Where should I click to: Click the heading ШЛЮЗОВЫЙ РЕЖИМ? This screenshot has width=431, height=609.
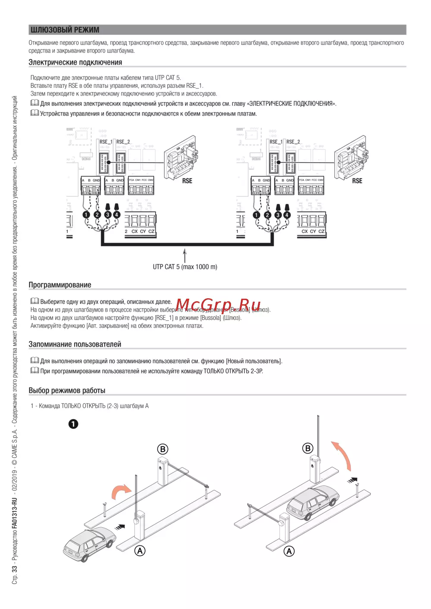[x=65, y=30]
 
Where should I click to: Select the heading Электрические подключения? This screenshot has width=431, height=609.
[x=75, y=62]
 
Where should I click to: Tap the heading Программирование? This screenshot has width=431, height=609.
[x=60, y=285]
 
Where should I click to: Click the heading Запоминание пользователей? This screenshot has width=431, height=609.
[x=75, y=344]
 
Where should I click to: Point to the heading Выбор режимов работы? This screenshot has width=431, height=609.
[x=67, y=390]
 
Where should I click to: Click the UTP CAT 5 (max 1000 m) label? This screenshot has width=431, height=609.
[x=185, y=267]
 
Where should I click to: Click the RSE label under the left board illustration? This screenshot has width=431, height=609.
[x=187, y=181]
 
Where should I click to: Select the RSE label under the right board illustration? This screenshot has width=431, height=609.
[x=357, y=181]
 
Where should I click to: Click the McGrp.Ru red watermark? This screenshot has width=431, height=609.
[x=218, y=305]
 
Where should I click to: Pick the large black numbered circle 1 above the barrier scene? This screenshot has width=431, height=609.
[x=73, y=424]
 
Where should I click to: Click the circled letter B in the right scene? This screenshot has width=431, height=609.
[x=308, y=448]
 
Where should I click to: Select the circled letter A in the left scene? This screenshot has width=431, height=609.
[x=140, y=550]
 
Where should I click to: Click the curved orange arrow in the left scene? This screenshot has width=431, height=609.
[x=120, y=491]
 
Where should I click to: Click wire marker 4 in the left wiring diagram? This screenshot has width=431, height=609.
[x=116, y=215]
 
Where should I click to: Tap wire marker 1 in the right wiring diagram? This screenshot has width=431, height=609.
[x=256, y=215]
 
